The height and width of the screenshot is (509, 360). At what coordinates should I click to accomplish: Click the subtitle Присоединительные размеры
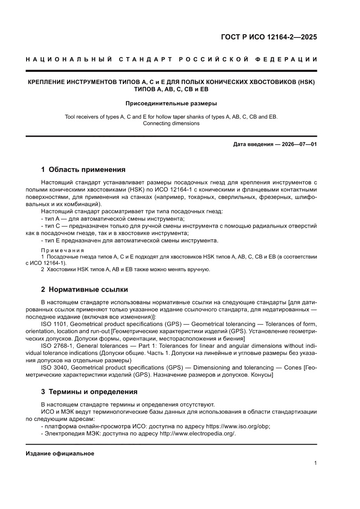pos(171,104)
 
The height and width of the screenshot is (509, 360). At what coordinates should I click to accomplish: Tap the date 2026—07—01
pos(297,144)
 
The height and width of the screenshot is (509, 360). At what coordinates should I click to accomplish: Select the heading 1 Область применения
pos(83,169)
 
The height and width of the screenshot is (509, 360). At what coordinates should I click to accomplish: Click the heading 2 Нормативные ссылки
pos(84,289)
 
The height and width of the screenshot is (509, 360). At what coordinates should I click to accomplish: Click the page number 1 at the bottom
pos(315,463)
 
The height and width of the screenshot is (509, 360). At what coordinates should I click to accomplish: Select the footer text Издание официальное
pos(60,454)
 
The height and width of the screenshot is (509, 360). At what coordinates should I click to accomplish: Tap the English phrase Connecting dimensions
pos(171,123)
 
